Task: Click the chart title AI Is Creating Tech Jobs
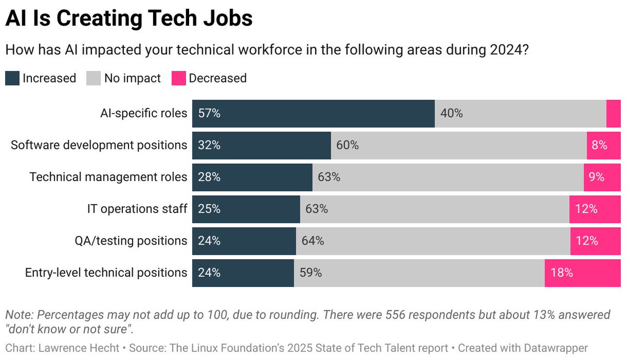coord(129,18)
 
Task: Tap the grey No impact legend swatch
coord(92,78)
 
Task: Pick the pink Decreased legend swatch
coord(178,78)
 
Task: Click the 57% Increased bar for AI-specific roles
coord(313,113)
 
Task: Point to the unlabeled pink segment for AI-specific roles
coord(613,113)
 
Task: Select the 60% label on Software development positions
coord(347,145)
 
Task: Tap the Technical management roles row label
coord(108,177)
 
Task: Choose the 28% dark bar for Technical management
coord(252,177)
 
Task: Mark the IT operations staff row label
coord(137,209)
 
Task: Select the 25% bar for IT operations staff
coord(246,209)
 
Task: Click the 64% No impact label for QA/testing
coord(312,241)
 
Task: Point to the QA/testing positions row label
coord(131,241)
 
